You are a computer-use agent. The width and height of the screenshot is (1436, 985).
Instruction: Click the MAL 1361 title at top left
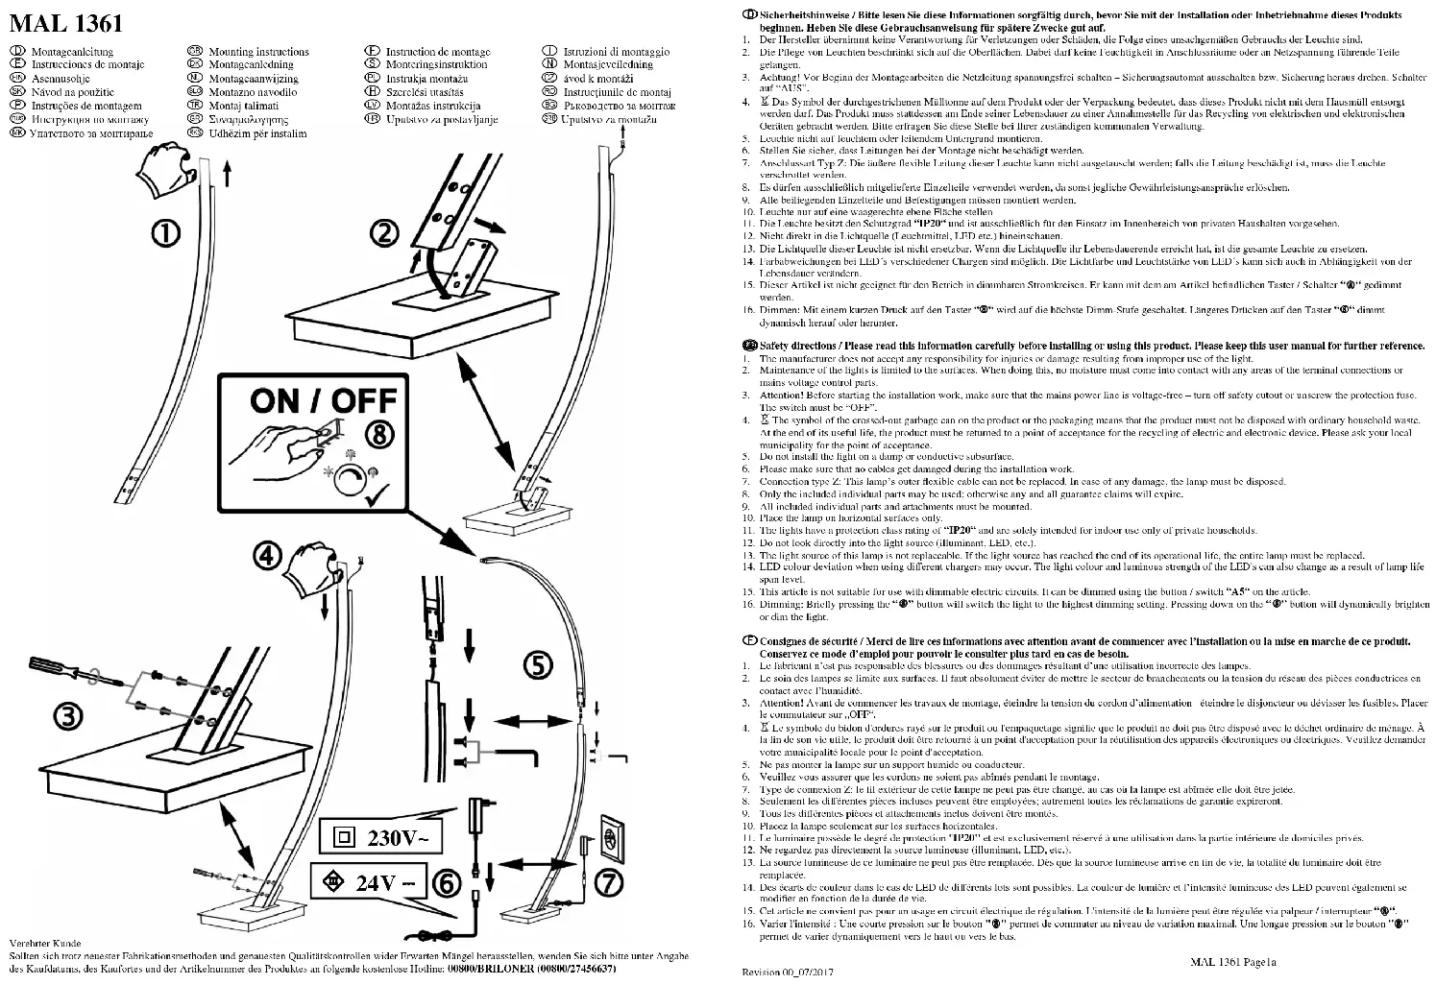click(65, 22)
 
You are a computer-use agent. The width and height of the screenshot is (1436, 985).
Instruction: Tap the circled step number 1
click(168, 232)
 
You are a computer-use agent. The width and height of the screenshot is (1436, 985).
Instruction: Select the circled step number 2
click(385, 232)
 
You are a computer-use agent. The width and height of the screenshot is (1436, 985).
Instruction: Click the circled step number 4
click(269, 555)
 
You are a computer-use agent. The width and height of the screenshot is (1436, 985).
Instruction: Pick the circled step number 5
click(537, 664)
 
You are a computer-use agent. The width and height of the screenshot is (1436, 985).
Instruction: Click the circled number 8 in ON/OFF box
click(381, 434)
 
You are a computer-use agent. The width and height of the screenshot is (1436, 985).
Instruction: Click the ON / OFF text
click(323, 400)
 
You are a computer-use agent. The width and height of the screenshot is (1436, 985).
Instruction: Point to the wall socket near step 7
click(613, 836)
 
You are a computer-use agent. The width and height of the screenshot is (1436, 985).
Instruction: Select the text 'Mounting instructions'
click(258, 52)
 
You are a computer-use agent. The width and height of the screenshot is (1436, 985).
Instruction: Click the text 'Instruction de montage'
click(437, 52)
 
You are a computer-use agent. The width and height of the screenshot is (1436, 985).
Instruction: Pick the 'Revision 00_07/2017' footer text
click(788, 972)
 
